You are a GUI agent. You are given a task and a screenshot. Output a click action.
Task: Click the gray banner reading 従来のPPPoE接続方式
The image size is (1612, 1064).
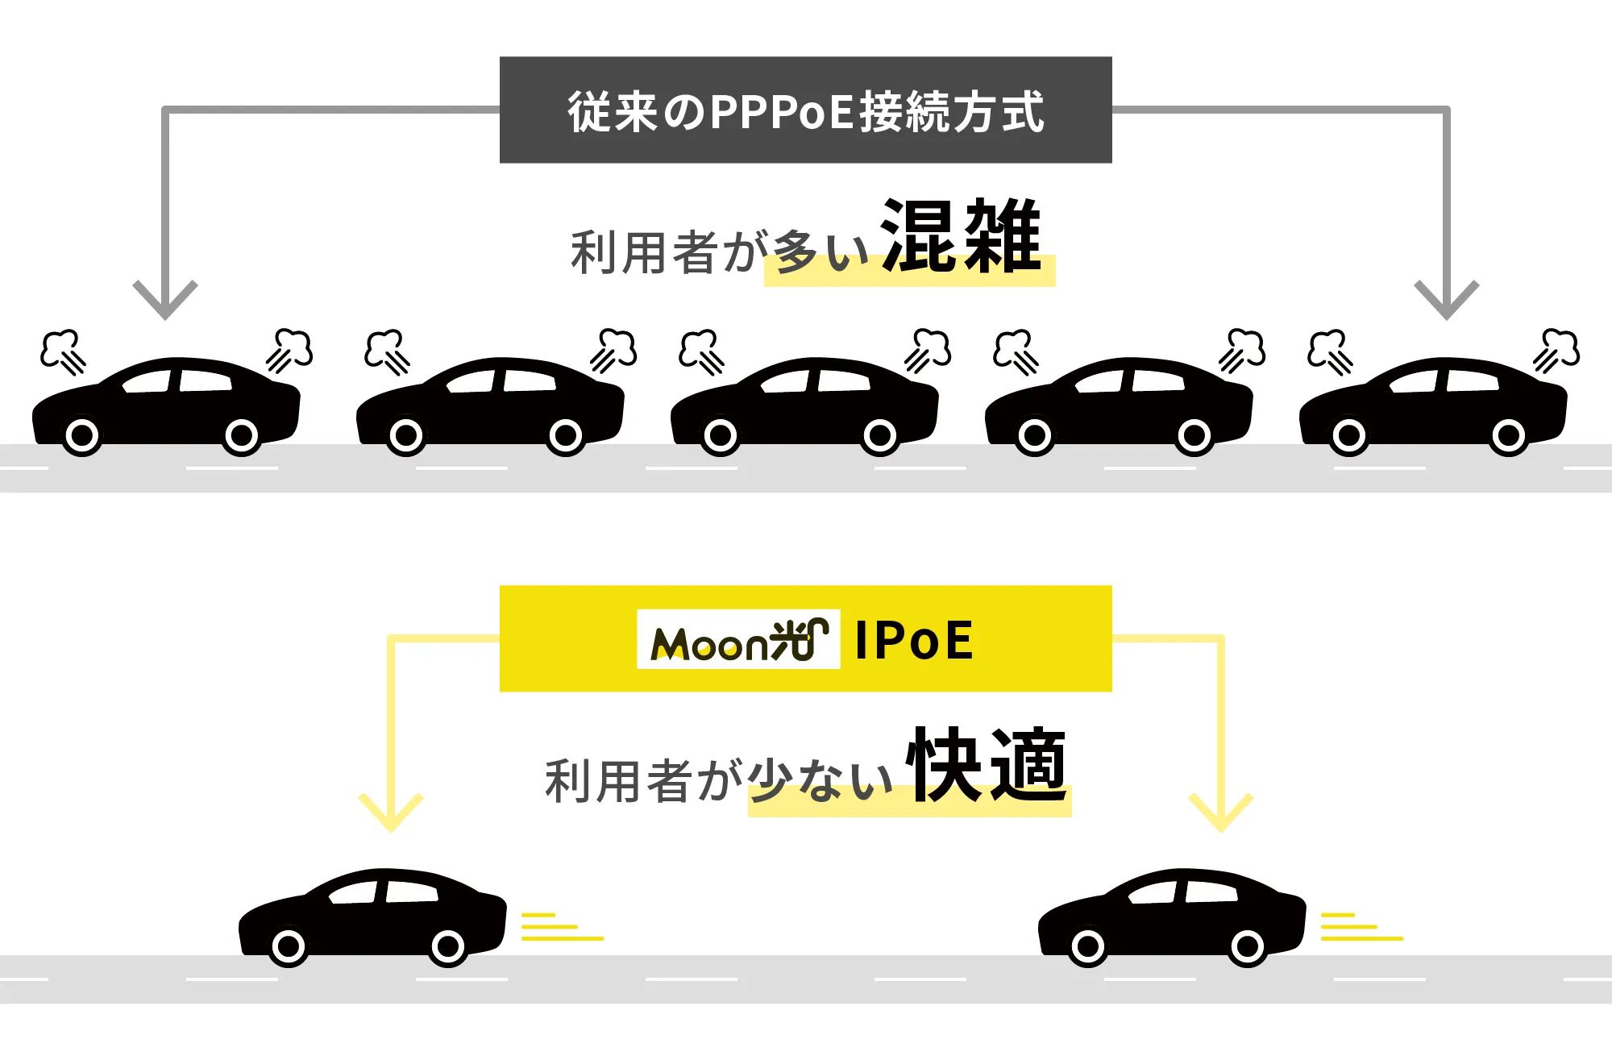point(806,110)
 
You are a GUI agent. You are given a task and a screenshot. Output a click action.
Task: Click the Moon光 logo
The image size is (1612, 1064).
point(738,640)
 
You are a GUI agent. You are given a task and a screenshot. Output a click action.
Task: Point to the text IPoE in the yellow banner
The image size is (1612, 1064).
point(914,641)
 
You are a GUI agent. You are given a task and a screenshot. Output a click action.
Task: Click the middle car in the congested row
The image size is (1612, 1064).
point(804,403)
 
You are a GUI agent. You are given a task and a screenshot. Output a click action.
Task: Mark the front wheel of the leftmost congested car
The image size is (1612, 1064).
point(82,436)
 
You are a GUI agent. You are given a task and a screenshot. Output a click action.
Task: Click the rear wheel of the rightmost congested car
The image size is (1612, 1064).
point(1508,436)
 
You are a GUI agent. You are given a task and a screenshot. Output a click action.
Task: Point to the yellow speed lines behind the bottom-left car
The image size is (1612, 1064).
point(561,927)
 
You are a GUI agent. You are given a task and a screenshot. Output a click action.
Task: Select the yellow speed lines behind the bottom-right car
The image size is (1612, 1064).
point(1361,927)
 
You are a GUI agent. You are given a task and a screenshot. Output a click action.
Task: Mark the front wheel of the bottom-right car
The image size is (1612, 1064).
point(1088,946)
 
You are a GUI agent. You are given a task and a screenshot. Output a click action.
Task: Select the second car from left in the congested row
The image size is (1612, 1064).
point(490,403)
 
